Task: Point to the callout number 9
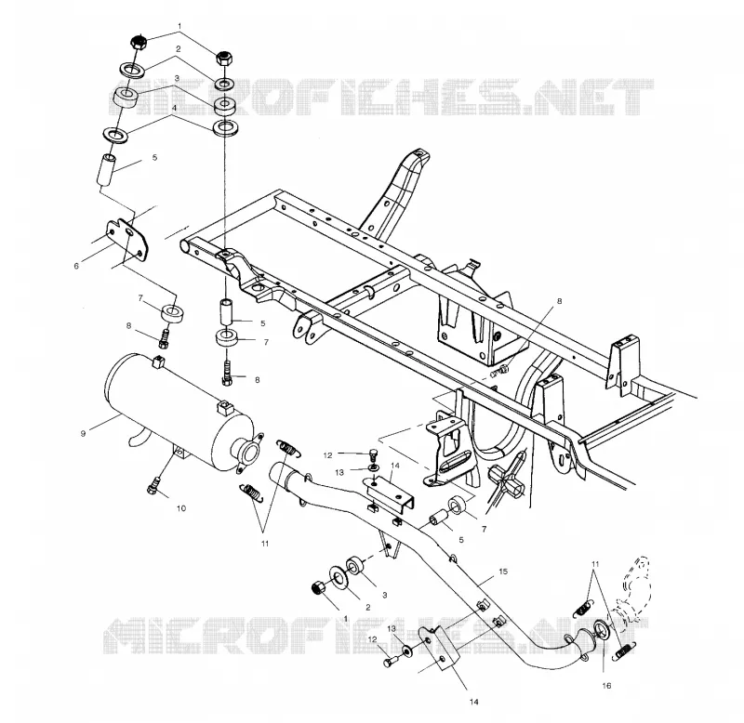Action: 83,433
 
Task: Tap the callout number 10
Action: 181,508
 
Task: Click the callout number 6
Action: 76,266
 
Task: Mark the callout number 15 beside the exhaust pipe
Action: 503,572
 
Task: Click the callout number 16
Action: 606,686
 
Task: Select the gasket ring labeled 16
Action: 600,631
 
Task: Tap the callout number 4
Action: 174,108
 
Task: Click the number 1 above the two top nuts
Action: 179,25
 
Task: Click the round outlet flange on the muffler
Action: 247,451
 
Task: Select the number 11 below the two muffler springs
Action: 265,544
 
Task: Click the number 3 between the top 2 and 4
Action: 176,78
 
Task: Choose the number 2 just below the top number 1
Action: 178,49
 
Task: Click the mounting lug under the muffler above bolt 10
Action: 179,453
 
